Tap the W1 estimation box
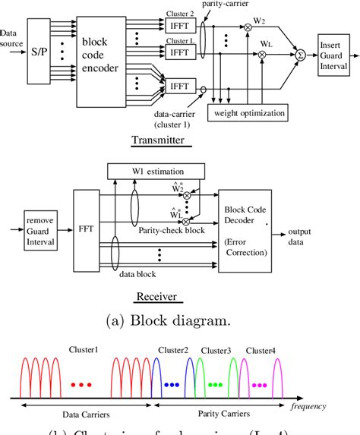[x=156, y=171]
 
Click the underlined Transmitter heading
[x=158, y=139]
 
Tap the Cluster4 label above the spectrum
[x=261, y=351]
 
